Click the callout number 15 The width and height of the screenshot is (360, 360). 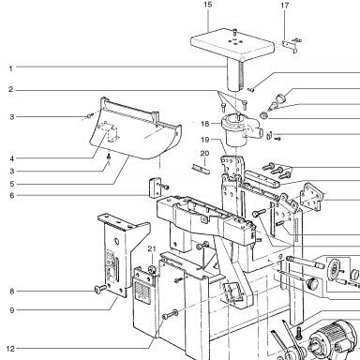(x=207, y=5)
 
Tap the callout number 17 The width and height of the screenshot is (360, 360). (x=285, y=6)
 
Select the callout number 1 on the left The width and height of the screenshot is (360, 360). (x=11, y=68)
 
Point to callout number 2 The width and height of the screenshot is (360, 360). (x=11, y=90)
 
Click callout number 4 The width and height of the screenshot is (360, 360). (x=11, y=158)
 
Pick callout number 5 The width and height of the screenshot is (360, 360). (x=11, y=184)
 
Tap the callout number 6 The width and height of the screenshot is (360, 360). (x=12, y=196)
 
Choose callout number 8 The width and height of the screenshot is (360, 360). (x=12, y=292)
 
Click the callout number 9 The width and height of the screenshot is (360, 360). (x=12, y=310)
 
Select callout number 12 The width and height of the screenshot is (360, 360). (x=10, y=349)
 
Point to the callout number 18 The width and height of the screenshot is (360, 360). (x=204, y=124)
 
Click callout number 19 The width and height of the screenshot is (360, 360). (x=204, y=140)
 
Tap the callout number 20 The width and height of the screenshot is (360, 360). (x=204, y=154)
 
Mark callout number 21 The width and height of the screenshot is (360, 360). (x=152, y=249)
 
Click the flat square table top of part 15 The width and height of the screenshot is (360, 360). (x=232, y=44)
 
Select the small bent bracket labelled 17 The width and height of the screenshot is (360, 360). (x=290, y=46)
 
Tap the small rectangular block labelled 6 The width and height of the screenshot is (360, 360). (x=155, y=187)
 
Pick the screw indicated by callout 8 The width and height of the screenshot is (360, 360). (x=100, y=290)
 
